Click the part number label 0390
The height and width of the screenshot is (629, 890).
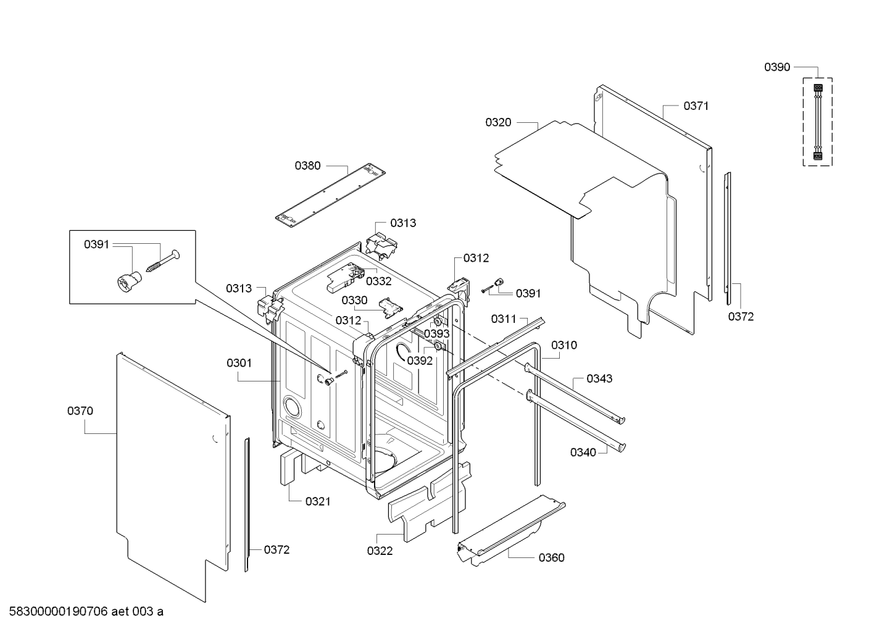point(777,67)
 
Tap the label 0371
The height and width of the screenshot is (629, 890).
point(696,106)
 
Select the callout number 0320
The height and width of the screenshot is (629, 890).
point(498,122)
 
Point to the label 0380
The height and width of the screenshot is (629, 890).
point(307,165)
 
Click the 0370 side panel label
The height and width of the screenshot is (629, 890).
point(80,410)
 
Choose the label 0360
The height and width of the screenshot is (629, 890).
point(552,557)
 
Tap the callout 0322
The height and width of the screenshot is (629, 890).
point(380,551)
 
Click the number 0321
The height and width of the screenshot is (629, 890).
point(318,501)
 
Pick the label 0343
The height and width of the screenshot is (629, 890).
point(599,378)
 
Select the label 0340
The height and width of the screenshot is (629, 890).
point(583,452)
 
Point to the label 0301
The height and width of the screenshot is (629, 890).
point(239,363)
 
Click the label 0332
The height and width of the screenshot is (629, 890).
point(378,281)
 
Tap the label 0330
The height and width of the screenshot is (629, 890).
point(354,300)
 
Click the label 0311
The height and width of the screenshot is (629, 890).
point(504,319)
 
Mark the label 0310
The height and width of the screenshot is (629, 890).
point(564,345)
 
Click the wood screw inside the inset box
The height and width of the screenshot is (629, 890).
point(163,261)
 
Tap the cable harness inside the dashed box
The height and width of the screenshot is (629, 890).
point(818,122)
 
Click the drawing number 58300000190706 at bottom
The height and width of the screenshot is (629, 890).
point(59,612)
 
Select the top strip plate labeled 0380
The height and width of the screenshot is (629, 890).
point(331,195)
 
